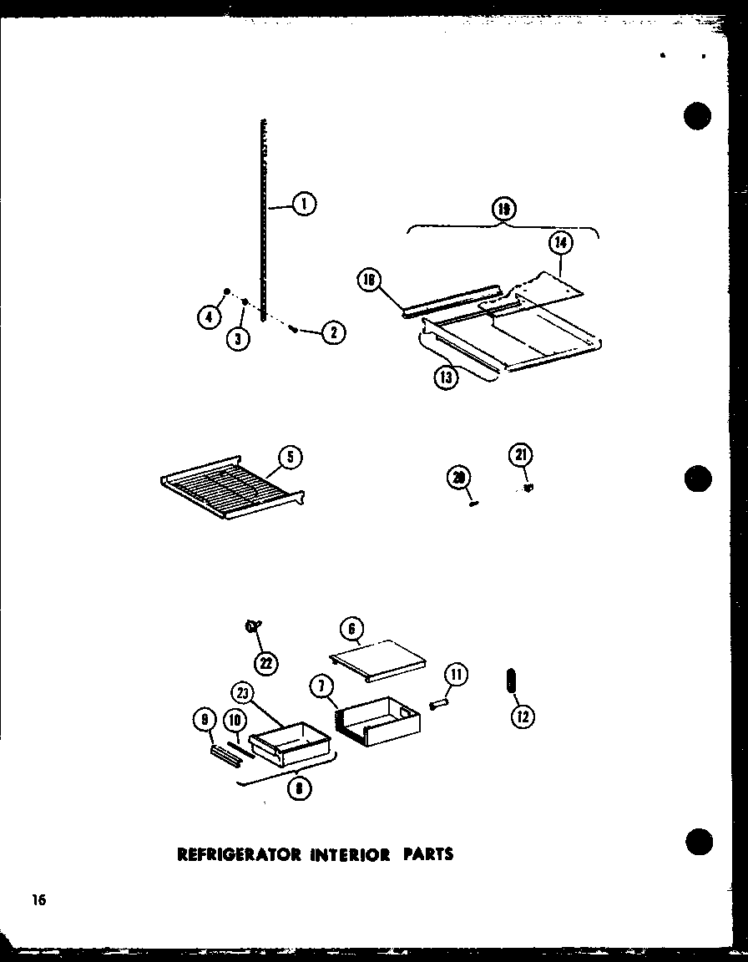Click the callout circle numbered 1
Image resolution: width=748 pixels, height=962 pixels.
coord(305,203)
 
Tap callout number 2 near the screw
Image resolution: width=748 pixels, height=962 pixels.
coord(333,332)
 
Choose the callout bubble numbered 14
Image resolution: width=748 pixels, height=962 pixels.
coord(561,245)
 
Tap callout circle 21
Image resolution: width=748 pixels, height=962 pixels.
coord(521,455)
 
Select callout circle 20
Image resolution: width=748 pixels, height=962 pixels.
coord(459,478)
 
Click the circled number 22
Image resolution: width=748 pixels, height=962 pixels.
coord(267,663)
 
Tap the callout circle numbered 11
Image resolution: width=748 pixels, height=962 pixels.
coord(456,675)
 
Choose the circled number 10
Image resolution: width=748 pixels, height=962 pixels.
coord(235,720)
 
